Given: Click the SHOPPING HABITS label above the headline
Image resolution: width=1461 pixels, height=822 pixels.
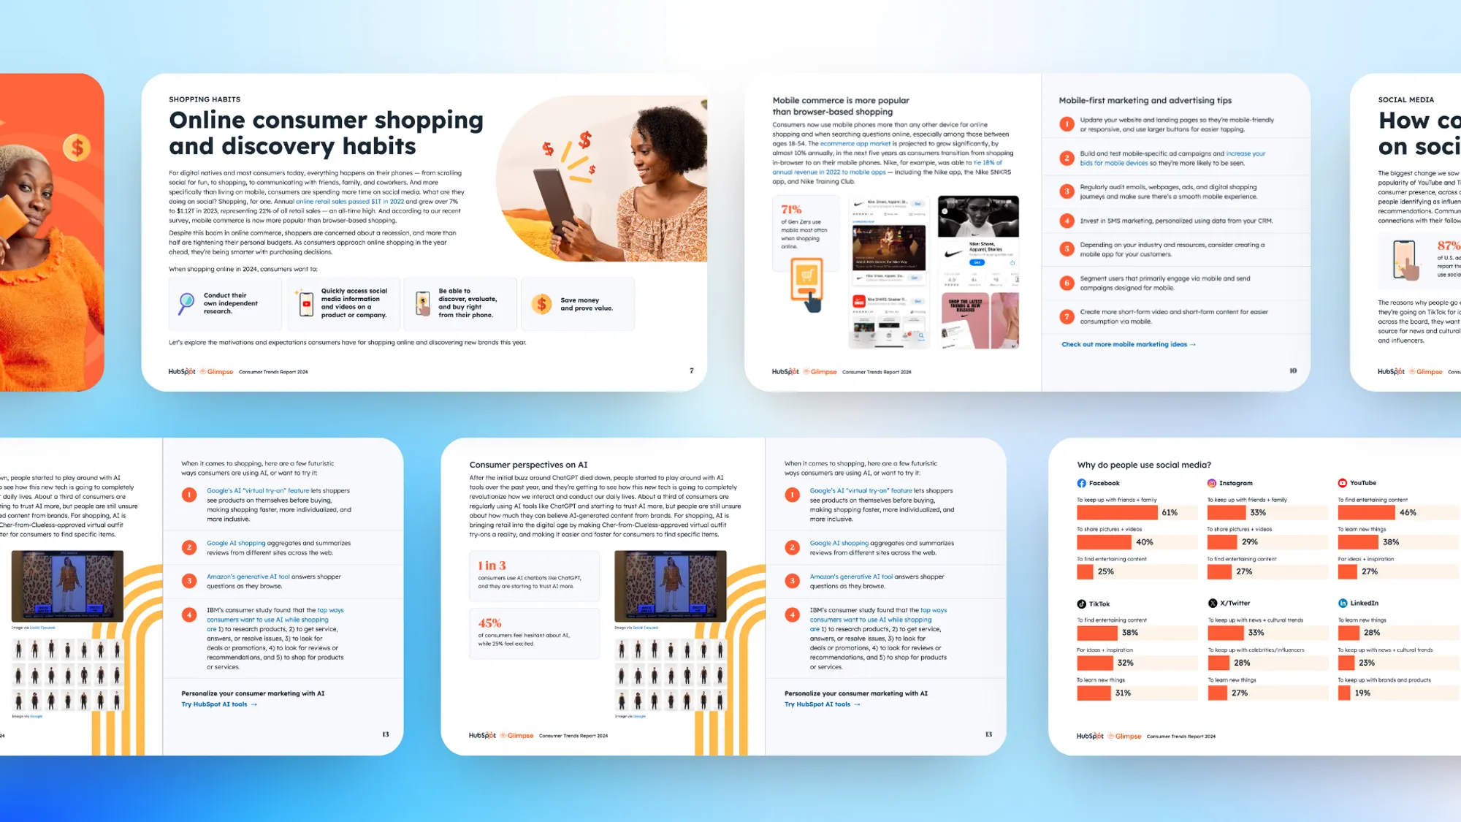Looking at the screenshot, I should (205, 99).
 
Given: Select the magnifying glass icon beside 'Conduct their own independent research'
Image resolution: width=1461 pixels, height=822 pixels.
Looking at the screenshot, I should (187, 302).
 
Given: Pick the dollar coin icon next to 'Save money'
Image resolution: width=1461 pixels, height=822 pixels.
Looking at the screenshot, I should (541, 304).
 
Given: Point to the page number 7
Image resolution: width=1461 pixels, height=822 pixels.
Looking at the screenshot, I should (692, 370).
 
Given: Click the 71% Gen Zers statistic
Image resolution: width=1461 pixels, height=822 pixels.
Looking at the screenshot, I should (791, 210).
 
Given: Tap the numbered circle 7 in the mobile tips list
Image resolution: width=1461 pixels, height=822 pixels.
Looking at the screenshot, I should (1067, 316).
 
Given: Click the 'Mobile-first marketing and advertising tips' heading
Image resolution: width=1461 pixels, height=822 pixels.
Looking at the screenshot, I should (1145, 101).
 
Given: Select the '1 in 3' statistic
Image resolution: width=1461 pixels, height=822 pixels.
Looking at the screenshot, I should (492, 566).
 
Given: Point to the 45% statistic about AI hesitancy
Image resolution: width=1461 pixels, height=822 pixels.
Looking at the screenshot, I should (489, 623).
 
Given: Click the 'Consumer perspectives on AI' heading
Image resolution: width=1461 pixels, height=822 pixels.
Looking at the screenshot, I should (528, 465).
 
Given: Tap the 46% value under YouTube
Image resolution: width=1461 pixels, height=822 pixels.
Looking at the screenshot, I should (1408, 513).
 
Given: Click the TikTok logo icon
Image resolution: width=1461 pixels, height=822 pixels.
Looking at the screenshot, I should (1081, 604).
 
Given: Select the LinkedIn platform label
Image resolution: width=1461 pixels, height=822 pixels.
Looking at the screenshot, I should (1364, 603).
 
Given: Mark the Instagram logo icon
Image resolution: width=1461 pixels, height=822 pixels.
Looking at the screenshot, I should (1211, 483).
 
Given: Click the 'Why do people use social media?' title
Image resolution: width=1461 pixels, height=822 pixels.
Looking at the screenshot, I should (1144, 465).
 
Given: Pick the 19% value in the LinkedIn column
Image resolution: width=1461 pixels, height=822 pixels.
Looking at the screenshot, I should (1362, 693).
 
